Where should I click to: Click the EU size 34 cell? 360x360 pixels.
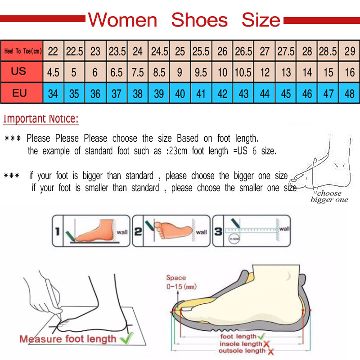click(53, 94)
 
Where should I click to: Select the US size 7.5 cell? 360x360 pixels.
click(138, 72)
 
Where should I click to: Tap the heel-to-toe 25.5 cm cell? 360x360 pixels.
click(201, 51)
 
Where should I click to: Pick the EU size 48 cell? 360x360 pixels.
click(350, 94)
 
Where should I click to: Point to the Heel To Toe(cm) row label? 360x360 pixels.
click(22, 51)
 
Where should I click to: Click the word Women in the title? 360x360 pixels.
click(122, 20)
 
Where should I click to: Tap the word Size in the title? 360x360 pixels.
click(261, 20)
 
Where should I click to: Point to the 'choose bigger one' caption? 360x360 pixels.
click(329, 197)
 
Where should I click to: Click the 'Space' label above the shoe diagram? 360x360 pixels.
click(176, 278)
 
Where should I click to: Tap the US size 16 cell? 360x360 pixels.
click(350, 72)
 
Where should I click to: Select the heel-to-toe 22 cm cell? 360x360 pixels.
click(53, 51)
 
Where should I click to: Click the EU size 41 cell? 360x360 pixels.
click(201, 94)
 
